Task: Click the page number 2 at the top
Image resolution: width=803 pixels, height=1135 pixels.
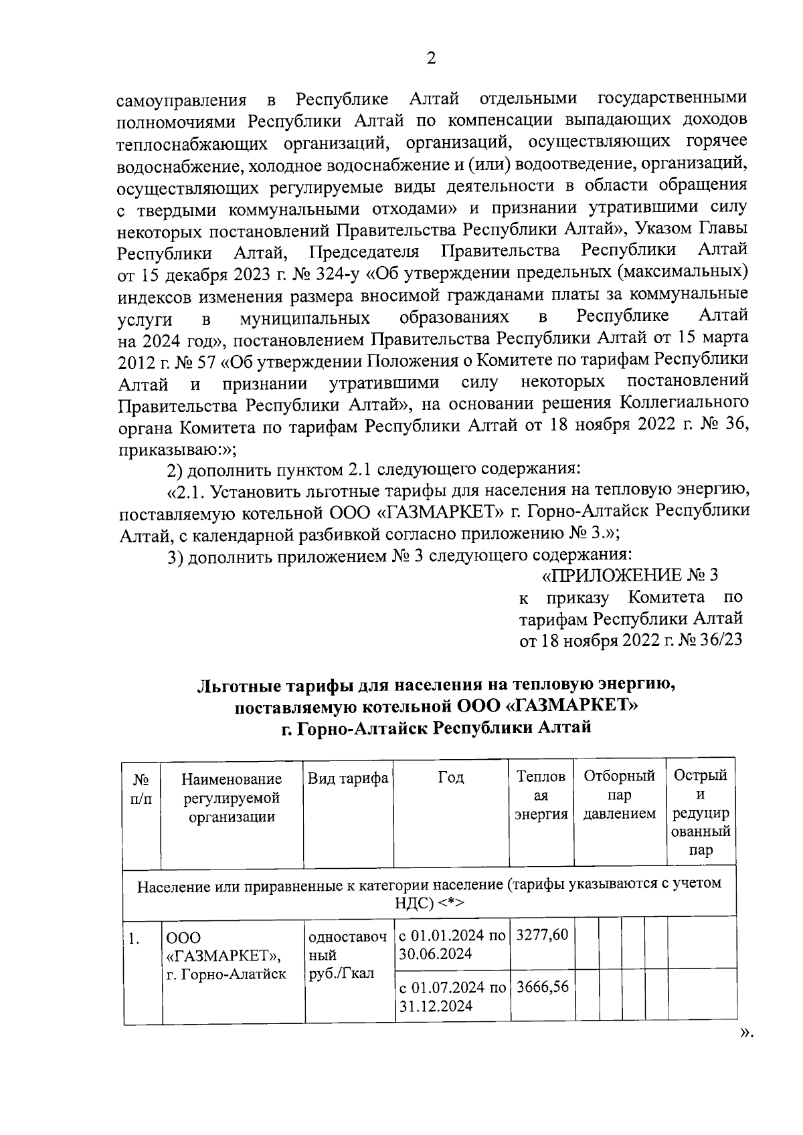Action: pos(431,60)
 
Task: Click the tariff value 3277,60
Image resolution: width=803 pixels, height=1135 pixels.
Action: pos(541,934)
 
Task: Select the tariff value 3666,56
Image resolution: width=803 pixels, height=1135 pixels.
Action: pos(541,987)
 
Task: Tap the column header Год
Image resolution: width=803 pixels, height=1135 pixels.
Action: pos(451,777)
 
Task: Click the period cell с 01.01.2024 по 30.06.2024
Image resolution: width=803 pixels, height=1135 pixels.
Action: pos(452,944)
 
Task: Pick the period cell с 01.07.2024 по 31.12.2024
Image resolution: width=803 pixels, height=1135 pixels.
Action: pos(452,997)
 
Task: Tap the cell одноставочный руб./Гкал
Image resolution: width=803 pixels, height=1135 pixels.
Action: pos(347,954)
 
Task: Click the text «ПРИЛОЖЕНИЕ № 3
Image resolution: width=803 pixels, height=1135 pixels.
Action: pos(629,575)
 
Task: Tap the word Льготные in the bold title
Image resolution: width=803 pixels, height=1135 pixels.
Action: pos(238,686)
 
